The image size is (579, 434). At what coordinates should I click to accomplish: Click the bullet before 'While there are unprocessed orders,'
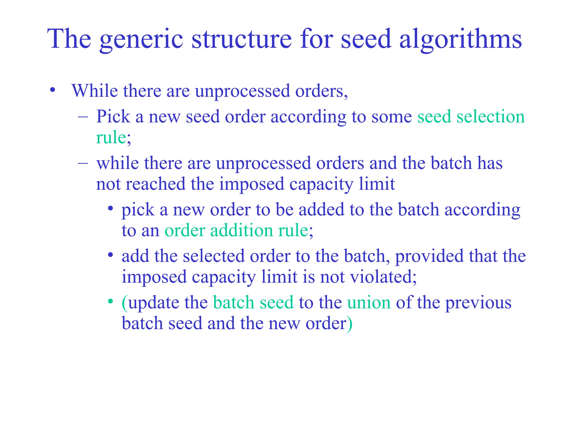point(52,90)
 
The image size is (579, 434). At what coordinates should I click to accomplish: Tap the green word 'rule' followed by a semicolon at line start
point(111,138)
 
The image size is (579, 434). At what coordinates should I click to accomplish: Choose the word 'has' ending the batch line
point(490,163)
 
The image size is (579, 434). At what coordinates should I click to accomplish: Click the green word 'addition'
point(241,230)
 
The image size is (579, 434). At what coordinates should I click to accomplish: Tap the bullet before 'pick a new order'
point(111,209)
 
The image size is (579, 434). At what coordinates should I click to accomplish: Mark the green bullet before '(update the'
point(111,301)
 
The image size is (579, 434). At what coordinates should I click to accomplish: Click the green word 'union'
point(369,303)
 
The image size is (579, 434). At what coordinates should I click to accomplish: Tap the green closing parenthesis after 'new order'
point(350,324)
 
